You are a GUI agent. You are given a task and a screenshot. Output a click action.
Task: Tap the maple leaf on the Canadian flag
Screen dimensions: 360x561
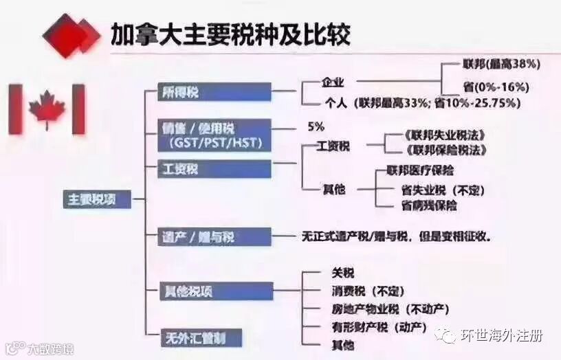(47, 109)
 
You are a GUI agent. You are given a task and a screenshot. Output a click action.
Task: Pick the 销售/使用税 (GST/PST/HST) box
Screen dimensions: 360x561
(214, 135)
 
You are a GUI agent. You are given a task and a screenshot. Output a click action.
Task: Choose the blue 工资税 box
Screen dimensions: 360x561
(214, 168)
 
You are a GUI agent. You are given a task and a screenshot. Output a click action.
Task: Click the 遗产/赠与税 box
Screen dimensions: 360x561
(214, 237)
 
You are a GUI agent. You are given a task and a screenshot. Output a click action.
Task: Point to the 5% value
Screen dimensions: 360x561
(316, 127)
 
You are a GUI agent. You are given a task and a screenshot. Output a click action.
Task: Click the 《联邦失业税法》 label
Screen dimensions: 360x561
(445, 135)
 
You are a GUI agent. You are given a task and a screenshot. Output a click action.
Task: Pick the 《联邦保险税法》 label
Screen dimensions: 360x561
(445, 149)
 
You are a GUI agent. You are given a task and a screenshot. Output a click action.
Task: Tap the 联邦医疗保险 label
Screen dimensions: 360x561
(420, 170)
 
